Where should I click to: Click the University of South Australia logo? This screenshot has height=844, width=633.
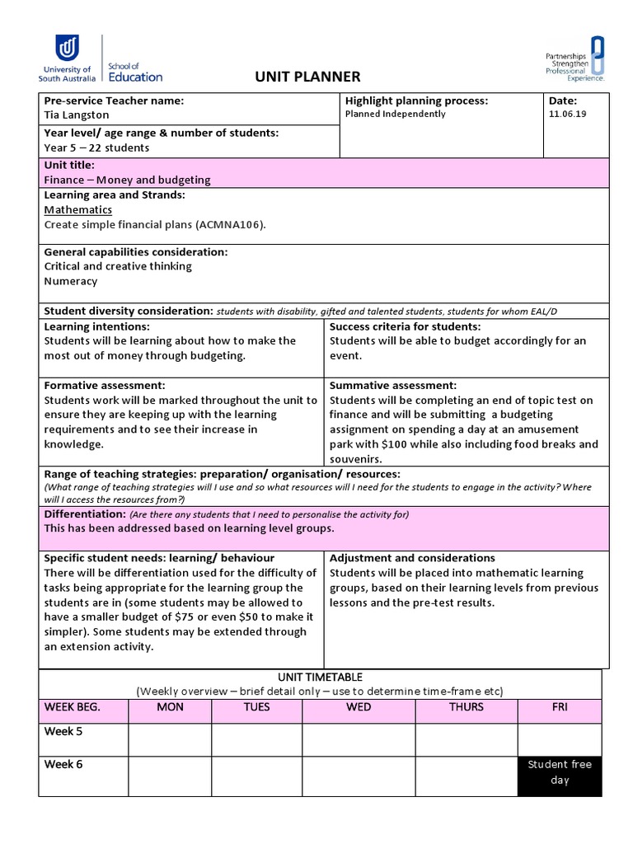click(67, 59)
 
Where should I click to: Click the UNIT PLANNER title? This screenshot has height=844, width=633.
click(308, 77)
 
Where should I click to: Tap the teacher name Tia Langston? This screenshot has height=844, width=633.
click(77, 115)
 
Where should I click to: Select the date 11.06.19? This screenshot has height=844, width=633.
click(567, 115)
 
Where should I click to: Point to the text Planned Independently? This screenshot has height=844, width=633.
click(395, 115)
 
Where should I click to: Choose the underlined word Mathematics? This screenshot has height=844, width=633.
click(77, 209)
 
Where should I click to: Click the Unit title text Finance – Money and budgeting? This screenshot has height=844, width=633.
click(127, 180)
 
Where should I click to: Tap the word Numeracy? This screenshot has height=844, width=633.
click(70, 281)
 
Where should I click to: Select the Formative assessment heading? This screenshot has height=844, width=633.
click(105, 385)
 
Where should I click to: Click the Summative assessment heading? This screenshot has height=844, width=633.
click(393, 385)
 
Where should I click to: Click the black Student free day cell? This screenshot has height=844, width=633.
click(560, 772)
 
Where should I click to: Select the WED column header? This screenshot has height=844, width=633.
click(359, 707)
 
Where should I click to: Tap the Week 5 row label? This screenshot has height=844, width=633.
click(63, 731)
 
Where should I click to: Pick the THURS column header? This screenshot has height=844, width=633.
click(467, 707)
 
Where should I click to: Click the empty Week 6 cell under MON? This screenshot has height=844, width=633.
click(170, 776)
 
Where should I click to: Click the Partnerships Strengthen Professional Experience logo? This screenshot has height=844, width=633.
click(575, 59)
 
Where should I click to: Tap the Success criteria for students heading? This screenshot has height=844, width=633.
click(405, 326)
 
